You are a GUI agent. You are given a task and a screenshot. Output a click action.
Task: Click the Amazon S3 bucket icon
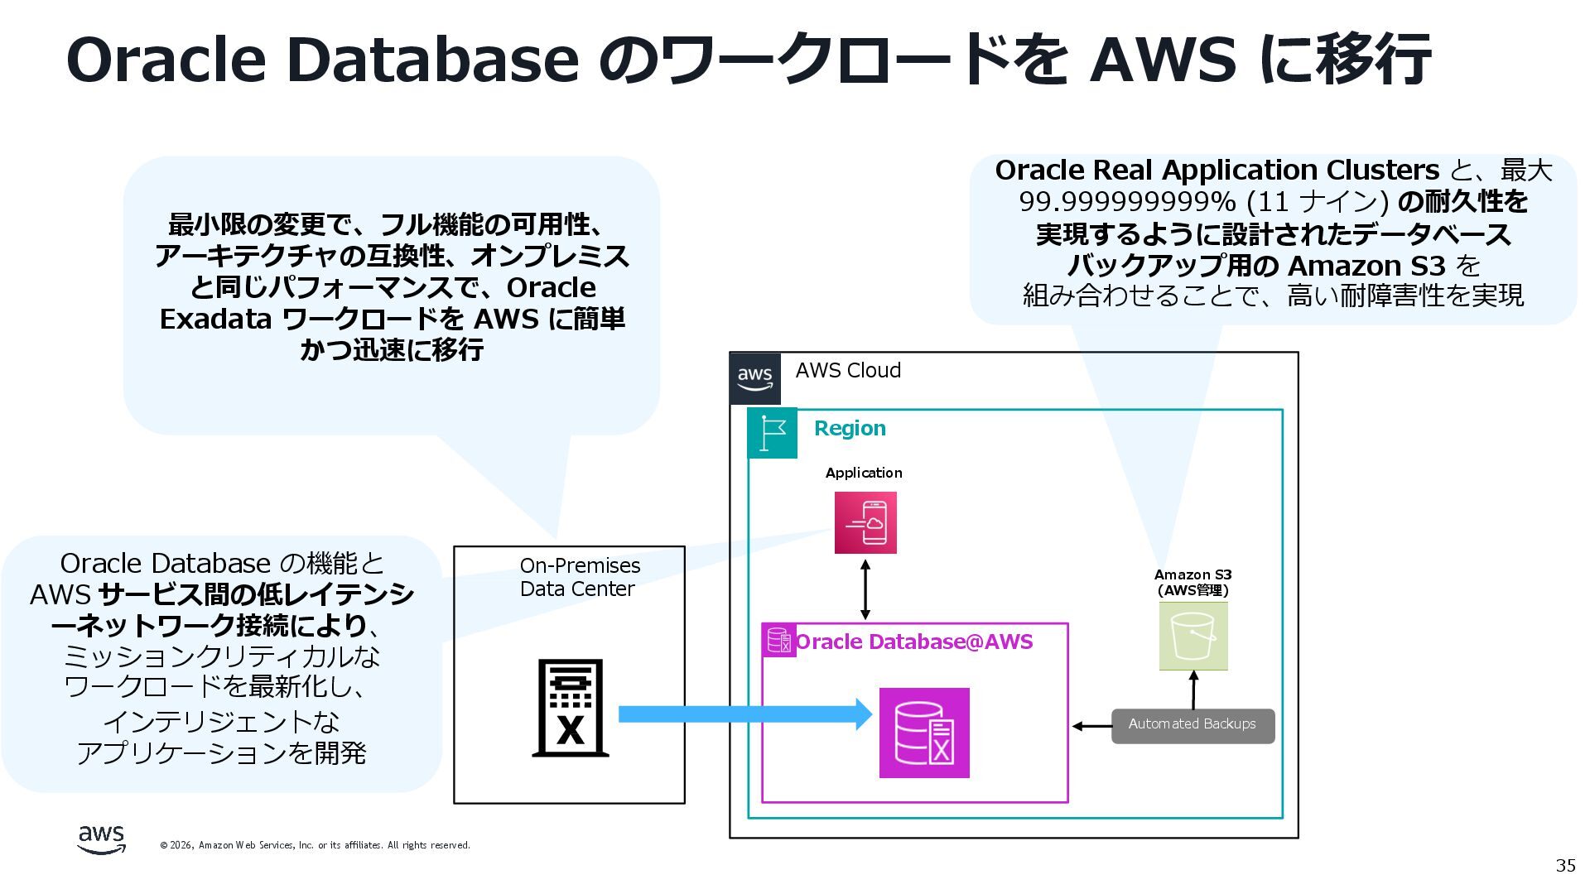coord(1193,636)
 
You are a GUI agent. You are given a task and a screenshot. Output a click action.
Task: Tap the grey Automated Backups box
coord(1192,725)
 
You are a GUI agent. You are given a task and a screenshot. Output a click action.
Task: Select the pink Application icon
coord(865,523)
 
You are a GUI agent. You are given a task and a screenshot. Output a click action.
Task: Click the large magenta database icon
coord(924,733)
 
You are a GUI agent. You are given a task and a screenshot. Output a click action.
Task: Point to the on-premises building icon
coord(571,708)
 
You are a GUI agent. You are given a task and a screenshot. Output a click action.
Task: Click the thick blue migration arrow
coord(745,714)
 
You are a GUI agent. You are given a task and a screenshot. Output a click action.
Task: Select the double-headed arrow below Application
coord(865,589)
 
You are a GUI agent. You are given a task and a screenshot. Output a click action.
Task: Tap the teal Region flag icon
coord(773,433)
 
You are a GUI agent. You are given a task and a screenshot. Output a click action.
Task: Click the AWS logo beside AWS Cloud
coord(755,378)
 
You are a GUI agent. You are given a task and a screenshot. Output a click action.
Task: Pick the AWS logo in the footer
coord(102,839)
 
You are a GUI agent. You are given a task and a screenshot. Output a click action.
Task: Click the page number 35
coord(1565,865)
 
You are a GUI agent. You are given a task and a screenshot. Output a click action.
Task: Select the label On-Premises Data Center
coord(580,577)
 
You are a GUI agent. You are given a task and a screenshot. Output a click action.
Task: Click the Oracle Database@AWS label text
coord(914,642)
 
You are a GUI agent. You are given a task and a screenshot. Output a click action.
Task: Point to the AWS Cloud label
coord(848,370)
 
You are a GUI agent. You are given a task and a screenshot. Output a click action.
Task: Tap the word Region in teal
coord(850,428)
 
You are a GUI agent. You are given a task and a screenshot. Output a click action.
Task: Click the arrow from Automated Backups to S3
coord(1193,690)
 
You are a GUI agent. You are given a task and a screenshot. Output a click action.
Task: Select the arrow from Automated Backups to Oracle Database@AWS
coord(1091,726)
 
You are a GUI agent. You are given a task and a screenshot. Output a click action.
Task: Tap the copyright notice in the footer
coord(315,845)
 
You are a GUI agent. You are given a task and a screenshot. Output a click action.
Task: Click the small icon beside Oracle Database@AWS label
coord(778,641)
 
